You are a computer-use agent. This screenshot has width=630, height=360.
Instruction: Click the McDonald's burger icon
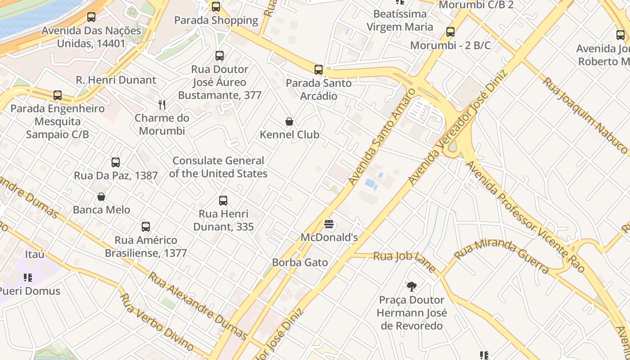click(x=329, y=224)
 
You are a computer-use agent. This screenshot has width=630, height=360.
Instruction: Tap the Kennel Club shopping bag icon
click(x=289, y=121)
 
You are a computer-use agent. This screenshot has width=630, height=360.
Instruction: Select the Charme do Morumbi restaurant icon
click(x=162, y=105)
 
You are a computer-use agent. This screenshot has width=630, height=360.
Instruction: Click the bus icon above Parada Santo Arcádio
click(x=319, y=69)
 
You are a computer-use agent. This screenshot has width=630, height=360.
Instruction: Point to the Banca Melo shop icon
click(x=101, y=197)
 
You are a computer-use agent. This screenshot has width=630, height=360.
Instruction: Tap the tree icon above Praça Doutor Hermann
click(x=411, y=286)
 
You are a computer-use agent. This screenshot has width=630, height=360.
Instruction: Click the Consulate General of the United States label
click(x=218, y=167)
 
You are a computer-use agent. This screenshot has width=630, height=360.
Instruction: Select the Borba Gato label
click(x=300, y=262)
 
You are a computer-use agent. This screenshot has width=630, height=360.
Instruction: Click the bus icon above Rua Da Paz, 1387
click(x=116, y=162)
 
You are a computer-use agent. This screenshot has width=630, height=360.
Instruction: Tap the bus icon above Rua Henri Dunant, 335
click(x=223, y=201)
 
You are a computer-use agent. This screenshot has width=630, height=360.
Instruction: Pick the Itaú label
click(x=35, y=254)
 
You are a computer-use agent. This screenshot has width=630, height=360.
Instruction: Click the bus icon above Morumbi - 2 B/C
click(x=450, y=32)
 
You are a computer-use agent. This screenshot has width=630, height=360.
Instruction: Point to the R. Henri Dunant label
click(x=116, y=80)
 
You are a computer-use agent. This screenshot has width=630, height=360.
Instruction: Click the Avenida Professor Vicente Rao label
click(x=524, y=216)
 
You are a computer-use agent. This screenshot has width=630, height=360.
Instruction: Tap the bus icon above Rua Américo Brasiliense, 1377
click(x=146, y=227)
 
